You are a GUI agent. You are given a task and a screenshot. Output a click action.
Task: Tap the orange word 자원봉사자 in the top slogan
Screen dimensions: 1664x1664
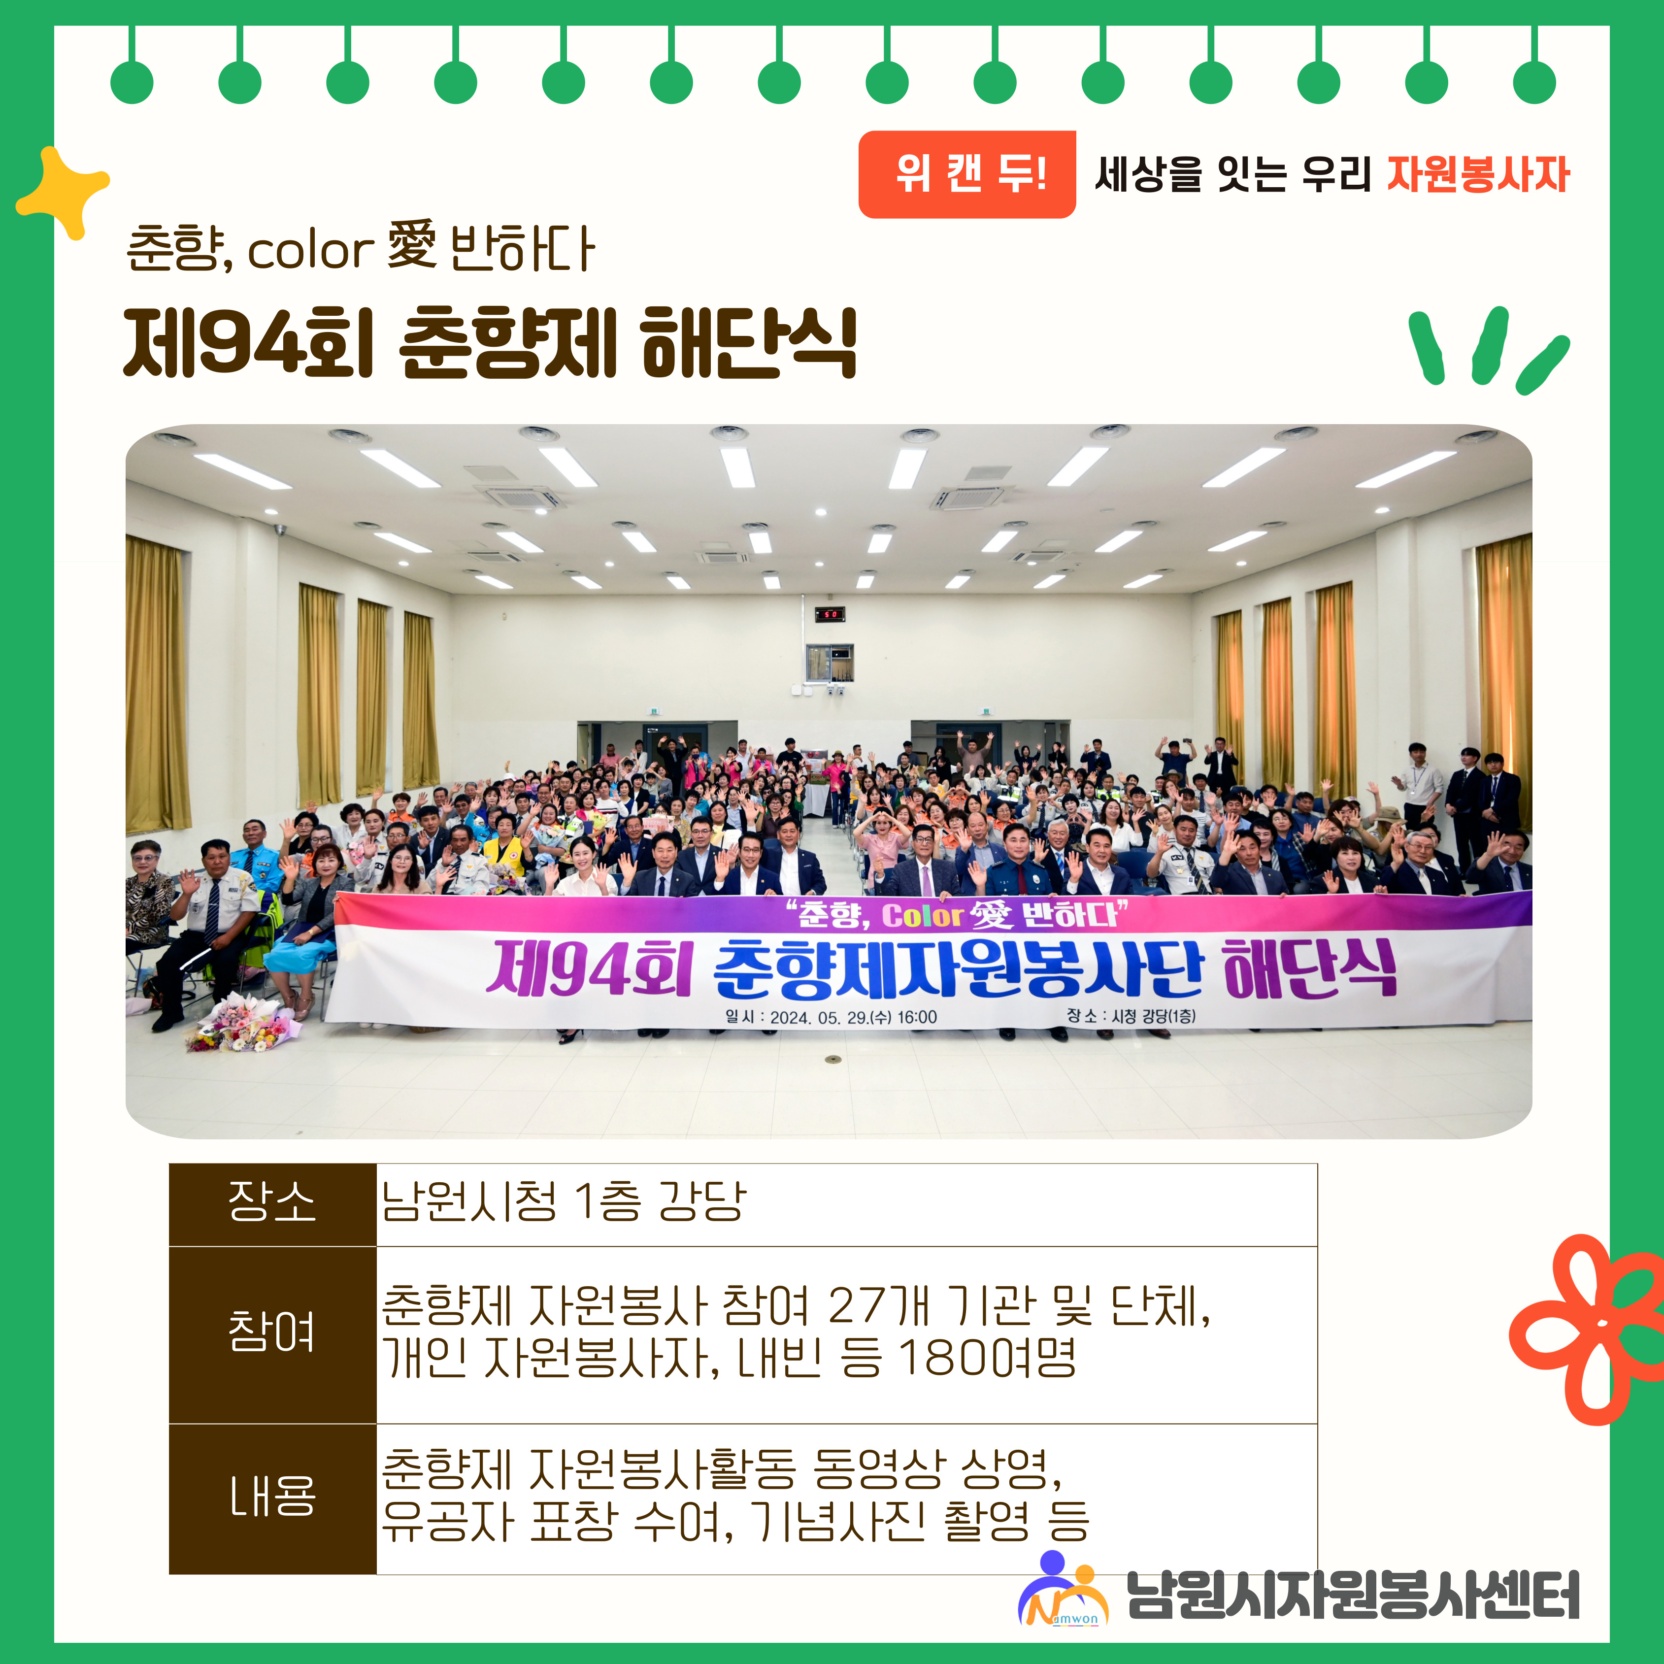1478,174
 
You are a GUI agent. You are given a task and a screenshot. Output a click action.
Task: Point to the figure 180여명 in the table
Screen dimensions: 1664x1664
987,1358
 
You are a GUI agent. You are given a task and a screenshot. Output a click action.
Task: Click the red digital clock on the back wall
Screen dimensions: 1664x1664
830,614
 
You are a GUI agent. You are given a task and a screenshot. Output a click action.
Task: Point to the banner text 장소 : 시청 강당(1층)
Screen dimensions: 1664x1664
1131,1016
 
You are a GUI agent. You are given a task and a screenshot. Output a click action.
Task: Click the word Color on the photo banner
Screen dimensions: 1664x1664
922,915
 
